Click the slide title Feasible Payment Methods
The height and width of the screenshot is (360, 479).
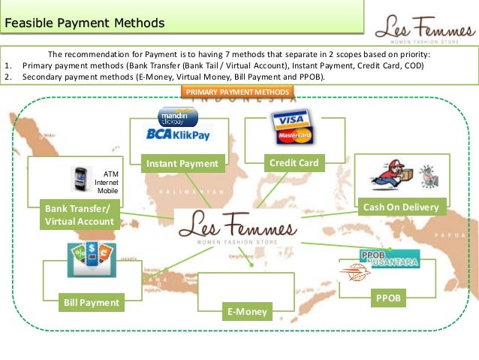pos(84,23)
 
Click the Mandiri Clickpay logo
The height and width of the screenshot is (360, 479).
pos(177,116)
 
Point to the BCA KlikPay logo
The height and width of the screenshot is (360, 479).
pos(178,135)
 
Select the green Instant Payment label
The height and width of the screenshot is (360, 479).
pos(182,164)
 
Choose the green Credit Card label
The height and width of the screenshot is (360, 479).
pos(294,162)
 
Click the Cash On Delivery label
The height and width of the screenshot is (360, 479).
pos(400,207)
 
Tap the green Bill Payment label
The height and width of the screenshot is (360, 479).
pos(90,302)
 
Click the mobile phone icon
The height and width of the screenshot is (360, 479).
pos(78,180)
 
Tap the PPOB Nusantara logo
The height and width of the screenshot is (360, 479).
pos(389,258)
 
